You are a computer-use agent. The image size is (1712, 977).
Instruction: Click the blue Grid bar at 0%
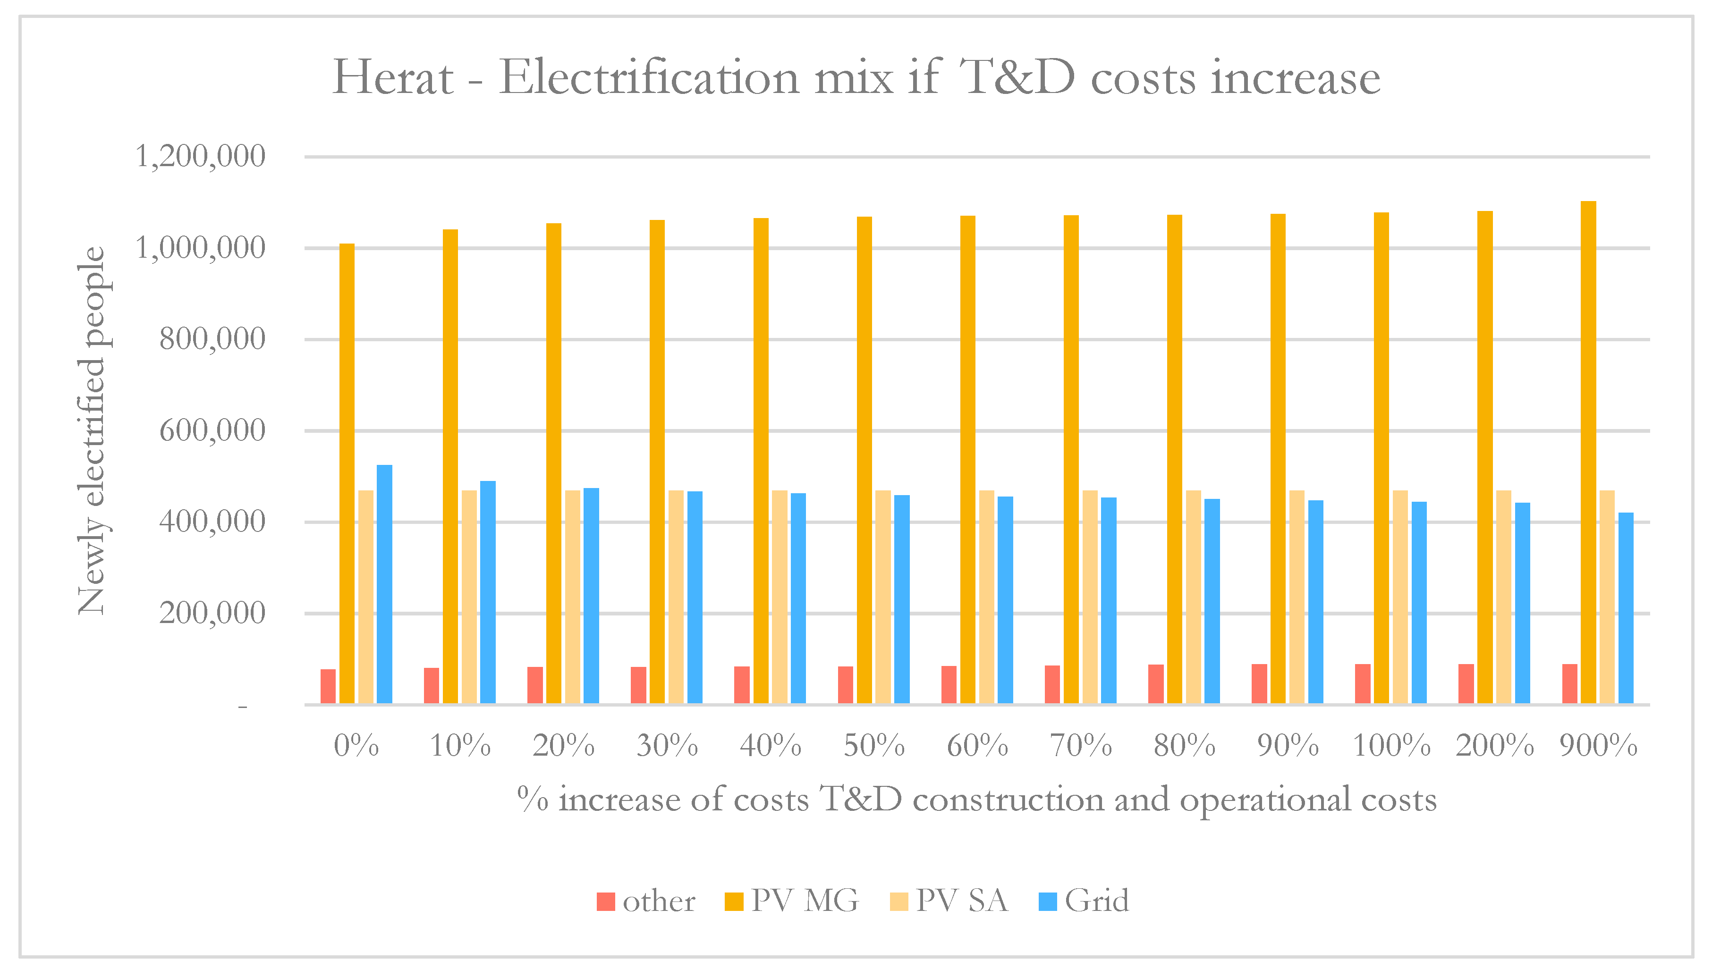[384, 584]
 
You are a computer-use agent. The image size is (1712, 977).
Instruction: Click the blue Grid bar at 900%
[1626, 608]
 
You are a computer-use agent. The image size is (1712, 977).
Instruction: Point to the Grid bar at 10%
[487, 592]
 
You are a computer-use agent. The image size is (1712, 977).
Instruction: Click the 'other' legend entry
[645, 901]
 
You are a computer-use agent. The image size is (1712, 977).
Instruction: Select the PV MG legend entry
[792, 901]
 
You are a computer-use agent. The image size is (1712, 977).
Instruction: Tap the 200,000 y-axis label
[212, 613]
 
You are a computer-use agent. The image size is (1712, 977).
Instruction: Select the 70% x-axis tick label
[1080, 746]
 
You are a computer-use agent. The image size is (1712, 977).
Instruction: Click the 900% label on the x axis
[1598, 746]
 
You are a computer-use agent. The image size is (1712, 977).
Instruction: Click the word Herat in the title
[393, 78]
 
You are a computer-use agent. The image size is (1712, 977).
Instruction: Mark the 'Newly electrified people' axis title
[92, 431]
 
